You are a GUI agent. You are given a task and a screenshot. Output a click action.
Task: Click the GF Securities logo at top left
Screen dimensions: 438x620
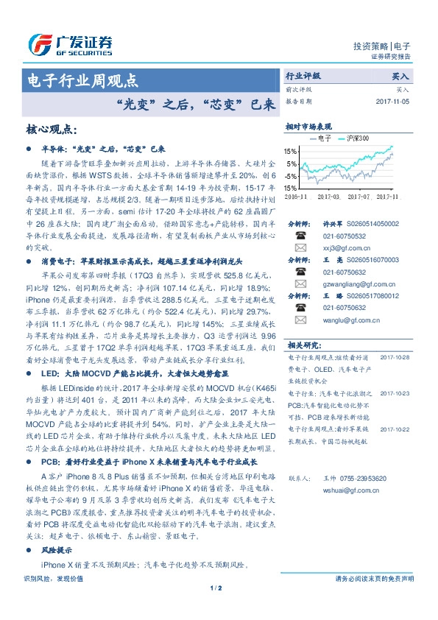pos(69,41)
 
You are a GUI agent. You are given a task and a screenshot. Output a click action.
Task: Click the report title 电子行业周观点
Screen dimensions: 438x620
pos(81,80)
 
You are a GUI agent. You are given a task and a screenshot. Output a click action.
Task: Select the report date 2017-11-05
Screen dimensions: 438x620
pos(395,101)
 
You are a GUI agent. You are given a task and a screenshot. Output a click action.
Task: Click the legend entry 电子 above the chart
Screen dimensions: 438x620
pos(325,138)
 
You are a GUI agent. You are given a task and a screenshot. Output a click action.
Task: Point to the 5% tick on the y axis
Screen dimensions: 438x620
pos(292,163)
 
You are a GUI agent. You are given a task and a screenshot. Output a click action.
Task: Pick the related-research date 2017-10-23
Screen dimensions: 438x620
pos(395,394)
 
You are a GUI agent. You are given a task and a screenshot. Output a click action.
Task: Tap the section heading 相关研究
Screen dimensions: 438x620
pos(303,344)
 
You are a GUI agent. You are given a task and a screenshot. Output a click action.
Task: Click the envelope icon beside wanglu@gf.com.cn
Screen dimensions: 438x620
pos(300,320)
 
